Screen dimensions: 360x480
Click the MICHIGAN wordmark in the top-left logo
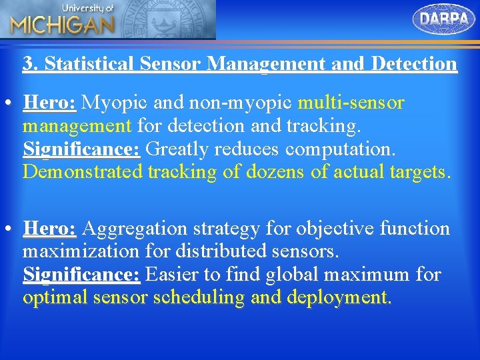[x=62, y=25]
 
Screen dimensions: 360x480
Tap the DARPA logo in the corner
[x=444, y=19]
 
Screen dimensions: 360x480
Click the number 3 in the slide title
[x=28, y=64]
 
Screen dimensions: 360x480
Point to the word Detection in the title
[x=414, y=64]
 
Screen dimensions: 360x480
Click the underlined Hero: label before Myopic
[x=50, y=103]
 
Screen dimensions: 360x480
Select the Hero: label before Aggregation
[x=50, y=229]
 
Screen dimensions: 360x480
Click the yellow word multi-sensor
[x=351, y=103]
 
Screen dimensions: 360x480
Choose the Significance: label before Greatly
[x=81, y=149]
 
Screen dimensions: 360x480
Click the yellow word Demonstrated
[x=83, y=172]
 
